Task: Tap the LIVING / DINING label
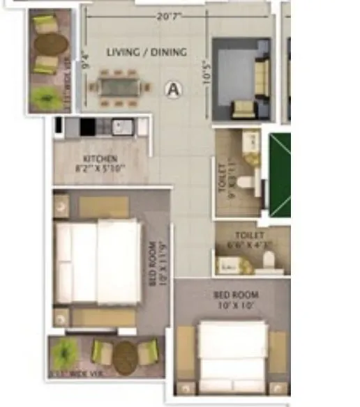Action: pos(147,52)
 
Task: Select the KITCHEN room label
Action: pos(100,159)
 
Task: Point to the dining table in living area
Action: pos(119,87)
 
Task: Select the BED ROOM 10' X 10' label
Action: pos(232,300)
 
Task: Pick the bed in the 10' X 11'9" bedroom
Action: pos(98,261)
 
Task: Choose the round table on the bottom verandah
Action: pos(126,357)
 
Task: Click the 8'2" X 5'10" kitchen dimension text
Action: pos(100,168)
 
